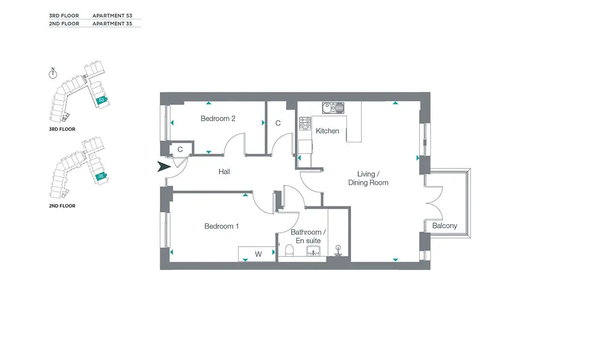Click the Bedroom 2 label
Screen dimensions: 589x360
[218, 119]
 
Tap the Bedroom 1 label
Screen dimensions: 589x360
[221, 226]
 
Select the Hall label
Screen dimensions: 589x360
[224, 172]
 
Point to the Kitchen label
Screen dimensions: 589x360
[327, 131]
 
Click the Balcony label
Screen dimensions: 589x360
[445, 226]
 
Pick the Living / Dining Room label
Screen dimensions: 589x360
[368, 178]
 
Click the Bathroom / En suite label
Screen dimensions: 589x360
[308, 236]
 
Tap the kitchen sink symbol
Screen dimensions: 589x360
[333, 108]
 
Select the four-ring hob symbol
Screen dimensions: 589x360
[305, 123]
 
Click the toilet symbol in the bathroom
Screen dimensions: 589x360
[289, 250]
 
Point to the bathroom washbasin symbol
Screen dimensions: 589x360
[313, 251]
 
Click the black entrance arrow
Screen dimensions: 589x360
[164, 166]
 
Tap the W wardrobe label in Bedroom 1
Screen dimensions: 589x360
[258, 254]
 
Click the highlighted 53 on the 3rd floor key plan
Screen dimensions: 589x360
[102, 100]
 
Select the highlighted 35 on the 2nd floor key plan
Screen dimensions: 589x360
[101, 176]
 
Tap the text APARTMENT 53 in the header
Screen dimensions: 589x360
[112, 16]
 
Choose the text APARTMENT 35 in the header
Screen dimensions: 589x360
[112, 24]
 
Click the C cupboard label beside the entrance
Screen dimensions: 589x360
[180, 149]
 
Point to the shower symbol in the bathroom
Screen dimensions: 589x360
[338, 251]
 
